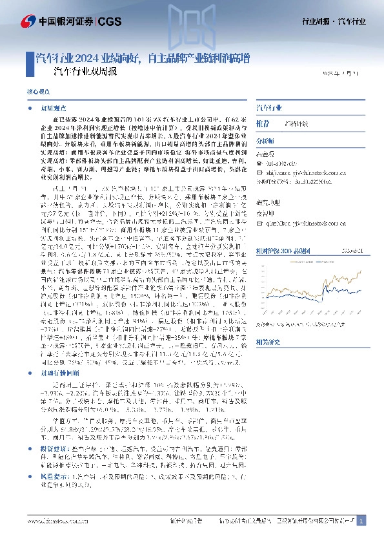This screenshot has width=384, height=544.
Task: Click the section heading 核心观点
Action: pos(37,92)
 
